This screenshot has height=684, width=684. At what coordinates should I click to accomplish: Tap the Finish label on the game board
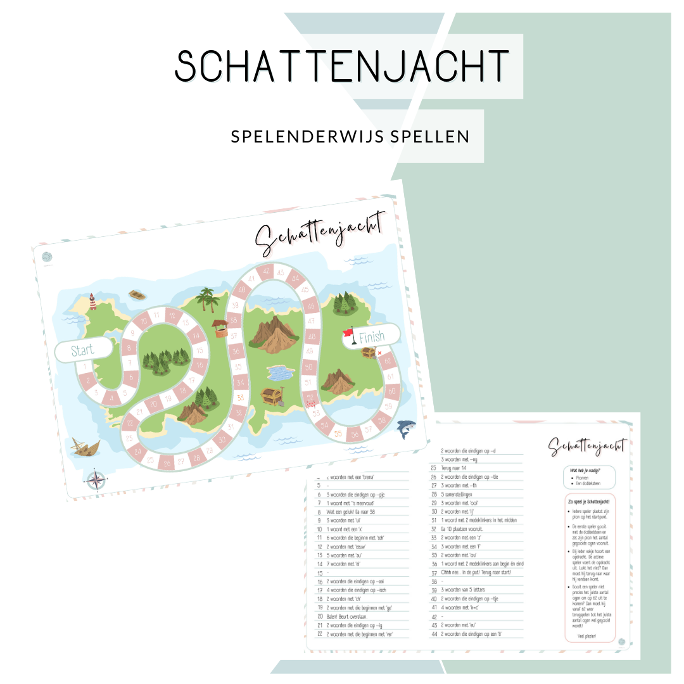pos(372,337)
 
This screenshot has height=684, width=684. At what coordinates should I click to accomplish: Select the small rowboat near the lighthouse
pos(136,294)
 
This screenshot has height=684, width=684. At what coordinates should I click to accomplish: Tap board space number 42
pos(267,272)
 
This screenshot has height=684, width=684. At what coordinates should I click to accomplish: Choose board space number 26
pos(167,464)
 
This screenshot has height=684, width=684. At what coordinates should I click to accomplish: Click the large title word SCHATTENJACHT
pos(342,65)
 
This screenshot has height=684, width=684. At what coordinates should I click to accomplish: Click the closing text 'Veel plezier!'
pos(587,636)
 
